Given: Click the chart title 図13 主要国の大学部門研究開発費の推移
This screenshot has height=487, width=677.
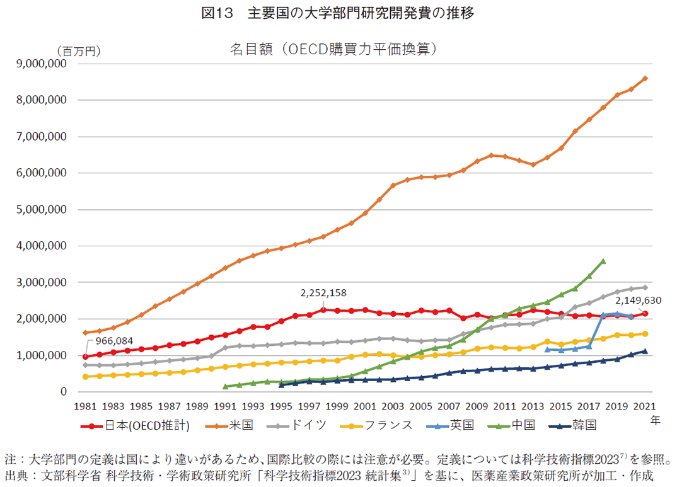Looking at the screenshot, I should click(x=337, y=13).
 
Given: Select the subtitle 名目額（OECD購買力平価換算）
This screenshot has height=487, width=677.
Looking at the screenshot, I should click(x=333, y=49).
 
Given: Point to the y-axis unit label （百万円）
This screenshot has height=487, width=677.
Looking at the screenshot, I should click(x=78, y=51).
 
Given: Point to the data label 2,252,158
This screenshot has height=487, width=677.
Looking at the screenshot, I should click(x=323, y=293).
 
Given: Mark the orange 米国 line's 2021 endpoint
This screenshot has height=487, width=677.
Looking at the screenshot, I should click(x=644, y=78).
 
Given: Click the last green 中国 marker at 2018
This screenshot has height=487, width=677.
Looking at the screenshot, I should click(x=603, y=261).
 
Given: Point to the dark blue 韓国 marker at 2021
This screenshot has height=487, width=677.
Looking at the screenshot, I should click(x=644, y=352).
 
